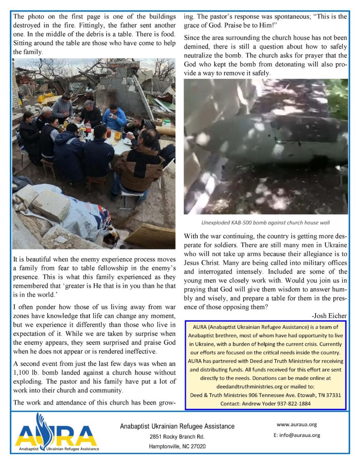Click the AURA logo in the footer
click(56, 433)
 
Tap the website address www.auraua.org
click(296, 425)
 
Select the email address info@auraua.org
click(297, 435)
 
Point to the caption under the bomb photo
click(266, 222)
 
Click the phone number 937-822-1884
click(289, 403)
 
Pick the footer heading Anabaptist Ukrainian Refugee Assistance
click(177, 426)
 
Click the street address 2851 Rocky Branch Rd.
click(177, 437)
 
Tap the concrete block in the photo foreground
click(50, 205)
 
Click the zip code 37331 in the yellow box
click(331, 395)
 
